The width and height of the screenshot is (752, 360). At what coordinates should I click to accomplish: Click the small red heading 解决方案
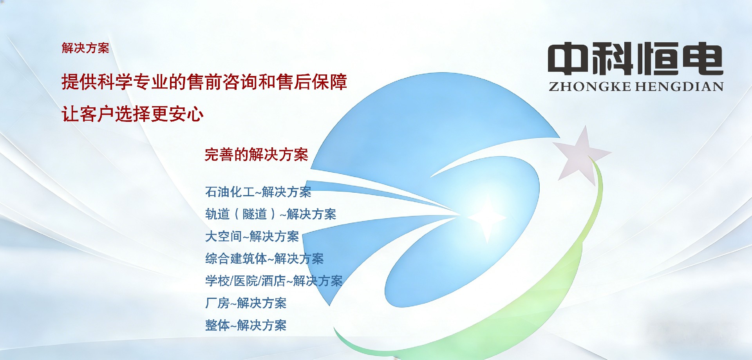(85, 48)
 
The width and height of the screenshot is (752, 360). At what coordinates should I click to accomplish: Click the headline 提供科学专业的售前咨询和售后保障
(204, 82)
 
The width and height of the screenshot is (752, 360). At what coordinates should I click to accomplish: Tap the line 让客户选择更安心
(132, 114)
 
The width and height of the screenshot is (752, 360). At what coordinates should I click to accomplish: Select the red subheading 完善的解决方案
(257, 155)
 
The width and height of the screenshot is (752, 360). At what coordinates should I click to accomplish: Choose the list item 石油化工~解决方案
(258, 192)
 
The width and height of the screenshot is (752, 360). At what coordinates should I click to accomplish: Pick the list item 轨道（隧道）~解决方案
(271, 214)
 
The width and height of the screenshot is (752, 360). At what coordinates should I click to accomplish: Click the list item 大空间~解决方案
(252, 237)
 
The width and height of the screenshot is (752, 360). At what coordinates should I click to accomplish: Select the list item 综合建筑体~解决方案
(264, 259)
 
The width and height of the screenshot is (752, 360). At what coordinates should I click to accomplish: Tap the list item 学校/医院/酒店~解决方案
(274, 281)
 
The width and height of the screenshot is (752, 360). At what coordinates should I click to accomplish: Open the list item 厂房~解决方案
(246, 303)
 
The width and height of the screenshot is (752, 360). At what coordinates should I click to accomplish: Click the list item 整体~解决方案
(246, 326)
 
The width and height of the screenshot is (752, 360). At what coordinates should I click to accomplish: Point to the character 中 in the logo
(568, 58)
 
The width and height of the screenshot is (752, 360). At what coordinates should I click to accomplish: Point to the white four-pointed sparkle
(487, 217)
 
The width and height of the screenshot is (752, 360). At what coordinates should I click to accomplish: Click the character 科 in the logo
(613, 58)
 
